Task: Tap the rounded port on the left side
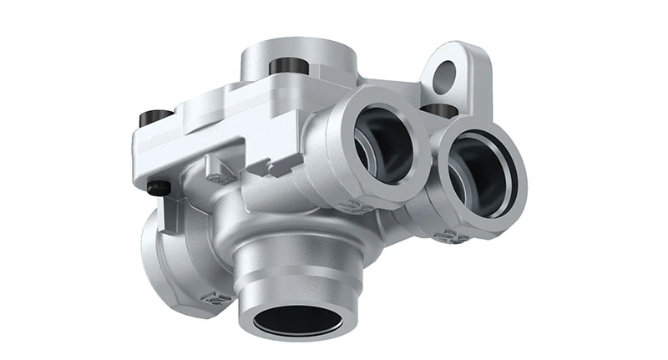click(x=159, y=251)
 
